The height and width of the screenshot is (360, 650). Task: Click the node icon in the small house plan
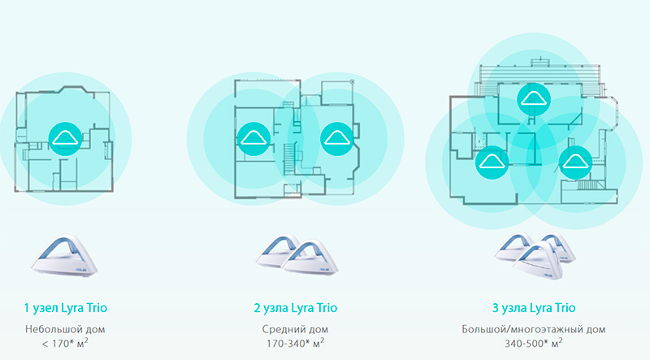tap(65, 139)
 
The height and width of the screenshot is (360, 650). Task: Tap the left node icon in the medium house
tap(253, 139)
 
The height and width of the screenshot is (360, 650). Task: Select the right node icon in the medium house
tap(337, 139)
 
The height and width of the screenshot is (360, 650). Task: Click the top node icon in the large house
tap(534, 99)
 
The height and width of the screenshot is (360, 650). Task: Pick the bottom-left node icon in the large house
tap(492, 163)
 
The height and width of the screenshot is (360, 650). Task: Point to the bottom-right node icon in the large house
tap(575, 163)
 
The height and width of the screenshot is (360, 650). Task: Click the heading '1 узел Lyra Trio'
tap(66, 308)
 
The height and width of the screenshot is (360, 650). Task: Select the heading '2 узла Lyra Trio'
tap(296, 308)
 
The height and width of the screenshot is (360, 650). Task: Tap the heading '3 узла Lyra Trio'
tap(534, 308)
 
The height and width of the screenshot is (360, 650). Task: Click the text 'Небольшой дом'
tap(65, 330)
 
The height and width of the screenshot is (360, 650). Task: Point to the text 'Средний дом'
tap(295, 330)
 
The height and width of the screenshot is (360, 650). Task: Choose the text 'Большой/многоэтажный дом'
tap(534, 330)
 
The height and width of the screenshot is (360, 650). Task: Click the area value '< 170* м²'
tap(65, 344)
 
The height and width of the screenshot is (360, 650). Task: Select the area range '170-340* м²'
tap(295, 344)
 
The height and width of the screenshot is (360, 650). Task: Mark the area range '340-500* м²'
tap(534, 344)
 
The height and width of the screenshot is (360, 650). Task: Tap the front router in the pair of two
tap(312, 258)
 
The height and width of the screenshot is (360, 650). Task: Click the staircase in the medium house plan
tap(289, 159)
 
